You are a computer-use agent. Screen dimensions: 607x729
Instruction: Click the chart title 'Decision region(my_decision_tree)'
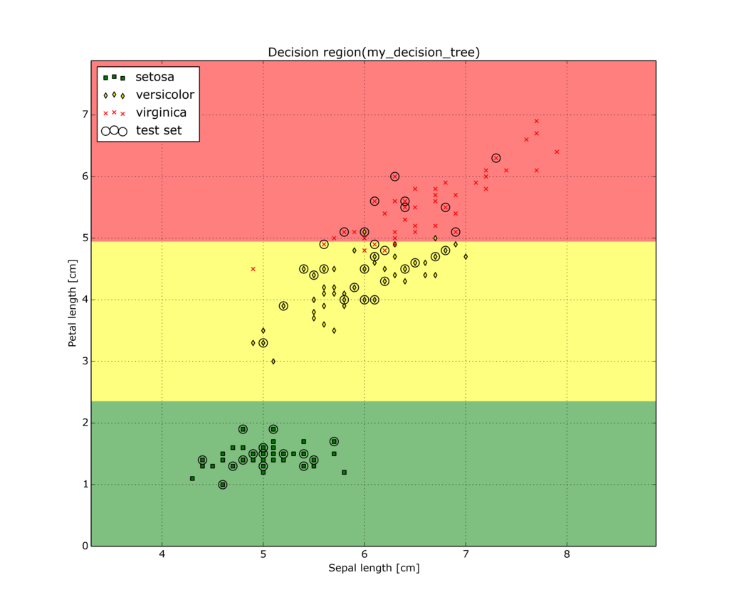pos(374,53)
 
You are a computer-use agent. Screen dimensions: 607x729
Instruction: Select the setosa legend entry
pos(154,77)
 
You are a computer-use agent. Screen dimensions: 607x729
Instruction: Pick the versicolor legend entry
pos(164,95)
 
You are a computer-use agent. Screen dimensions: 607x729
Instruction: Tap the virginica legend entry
pos(161,112)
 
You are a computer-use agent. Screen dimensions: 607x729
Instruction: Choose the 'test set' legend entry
pos(158,130)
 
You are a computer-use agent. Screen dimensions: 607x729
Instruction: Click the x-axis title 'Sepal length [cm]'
pos(374,568)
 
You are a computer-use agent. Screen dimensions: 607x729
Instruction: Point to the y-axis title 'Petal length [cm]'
pos(72,304)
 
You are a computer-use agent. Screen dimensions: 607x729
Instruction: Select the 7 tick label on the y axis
pos(84,115)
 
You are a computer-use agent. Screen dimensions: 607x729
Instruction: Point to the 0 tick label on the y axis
pos(84,547)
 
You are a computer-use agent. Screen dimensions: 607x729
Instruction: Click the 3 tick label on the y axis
pos(84,361)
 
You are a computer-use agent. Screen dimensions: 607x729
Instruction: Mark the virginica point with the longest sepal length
pos(557,152)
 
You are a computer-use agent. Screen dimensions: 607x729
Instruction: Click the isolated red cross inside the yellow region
pos(253,269)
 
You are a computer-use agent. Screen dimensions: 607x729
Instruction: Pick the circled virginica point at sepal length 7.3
pos(496,158)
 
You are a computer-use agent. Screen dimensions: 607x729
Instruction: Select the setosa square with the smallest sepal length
pos(192,478)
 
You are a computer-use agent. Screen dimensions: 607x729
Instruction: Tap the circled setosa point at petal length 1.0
pos(223,485)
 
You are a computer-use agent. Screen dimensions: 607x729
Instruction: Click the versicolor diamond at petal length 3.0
pos(273,361)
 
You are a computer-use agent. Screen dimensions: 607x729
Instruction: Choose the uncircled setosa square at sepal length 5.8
pos(344,472)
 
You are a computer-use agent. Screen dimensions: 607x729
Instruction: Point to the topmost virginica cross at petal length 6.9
pos(537,121)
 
